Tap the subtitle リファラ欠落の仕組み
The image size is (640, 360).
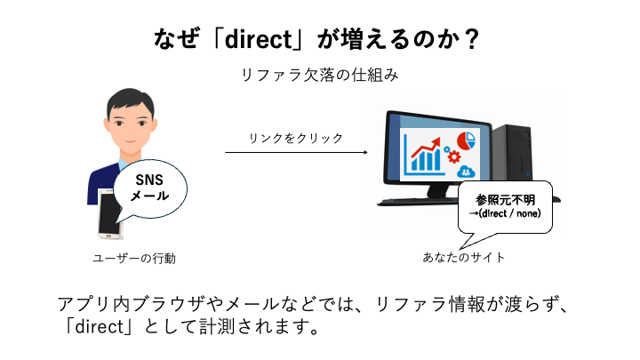[x=319, y=76]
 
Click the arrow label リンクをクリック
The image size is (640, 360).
[x=296, y=138]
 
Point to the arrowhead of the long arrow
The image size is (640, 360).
[x=364, y=153]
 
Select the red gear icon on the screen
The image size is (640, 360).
[x=454, y=158]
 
